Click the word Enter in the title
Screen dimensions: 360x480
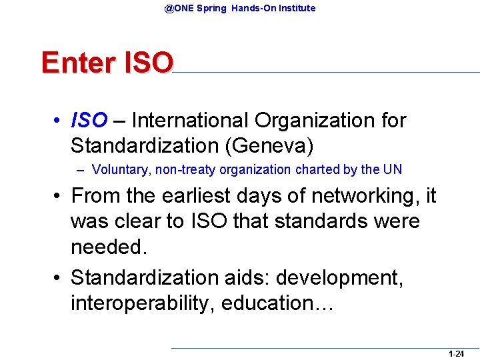pyautogui.click(x=75, y=63)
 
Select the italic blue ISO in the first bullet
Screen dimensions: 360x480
pyautogui.click(x=89, y=121)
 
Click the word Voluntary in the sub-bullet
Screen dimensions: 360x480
pyautogui.click(x=121, y=169)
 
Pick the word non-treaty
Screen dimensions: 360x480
pyautogui.click(x=182, y=169)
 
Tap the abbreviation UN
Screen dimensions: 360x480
pyautogui.click(x=393, y=169)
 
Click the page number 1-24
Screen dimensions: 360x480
pyautogui.click(x=456, y=354)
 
